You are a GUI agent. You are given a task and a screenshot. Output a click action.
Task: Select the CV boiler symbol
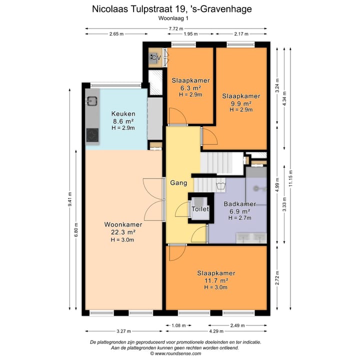155,58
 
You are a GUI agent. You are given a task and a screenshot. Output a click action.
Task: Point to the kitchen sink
91,101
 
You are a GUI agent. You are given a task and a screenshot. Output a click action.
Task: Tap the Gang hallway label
178,183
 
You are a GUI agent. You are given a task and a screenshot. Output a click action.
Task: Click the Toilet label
200,208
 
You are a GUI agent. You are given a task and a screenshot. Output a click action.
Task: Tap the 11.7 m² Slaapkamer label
216,280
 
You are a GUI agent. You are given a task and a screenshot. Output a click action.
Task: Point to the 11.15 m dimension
290,178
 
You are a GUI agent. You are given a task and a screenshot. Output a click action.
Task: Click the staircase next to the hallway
220,163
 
